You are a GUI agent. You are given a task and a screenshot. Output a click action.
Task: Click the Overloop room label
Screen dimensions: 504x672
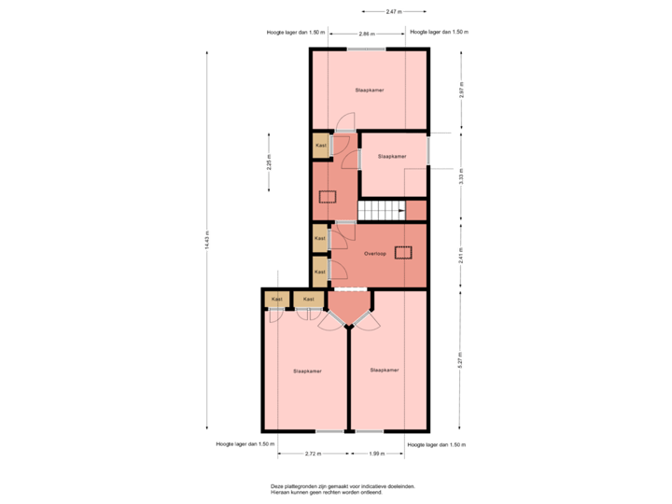tap(376, 253)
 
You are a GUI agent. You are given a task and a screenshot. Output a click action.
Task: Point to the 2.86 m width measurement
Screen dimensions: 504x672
tap(368, 33)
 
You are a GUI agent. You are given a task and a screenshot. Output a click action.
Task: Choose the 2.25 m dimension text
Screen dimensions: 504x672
tap(270, 161)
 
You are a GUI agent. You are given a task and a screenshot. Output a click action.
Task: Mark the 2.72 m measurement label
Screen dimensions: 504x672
tap(313, 454)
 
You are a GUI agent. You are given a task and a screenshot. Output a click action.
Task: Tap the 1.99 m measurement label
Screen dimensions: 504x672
tap(376, 454)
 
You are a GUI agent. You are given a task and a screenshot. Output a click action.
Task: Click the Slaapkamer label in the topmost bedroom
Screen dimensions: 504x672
tap(370, 91)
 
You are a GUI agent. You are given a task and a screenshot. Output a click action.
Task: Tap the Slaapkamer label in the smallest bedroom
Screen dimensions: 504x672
tap(392, 157)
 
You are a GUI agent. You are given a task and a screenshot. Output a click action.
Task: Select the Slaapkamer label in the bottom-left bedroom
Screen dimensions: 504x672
tap(307, 371)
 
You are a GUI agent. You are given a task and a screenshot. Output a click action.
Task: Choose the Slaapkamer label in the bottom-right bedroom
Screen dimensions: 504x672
tap(385, 370)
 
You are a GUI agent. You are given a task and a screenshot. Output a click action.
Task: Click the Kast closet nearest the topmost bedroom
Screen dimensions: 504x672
tap(320, 146)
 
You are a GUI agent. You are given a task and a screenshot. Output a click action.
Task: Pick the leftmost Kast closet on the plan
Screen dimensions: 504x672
tap(276, 299)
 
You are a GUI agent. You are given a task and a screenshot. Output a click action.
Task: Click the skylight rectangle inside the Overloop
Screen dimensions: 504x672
tap(404, 251)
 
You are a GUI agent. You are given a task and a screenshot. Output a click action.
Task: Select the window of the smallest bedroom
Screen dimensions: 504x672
tap(428, 149)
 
